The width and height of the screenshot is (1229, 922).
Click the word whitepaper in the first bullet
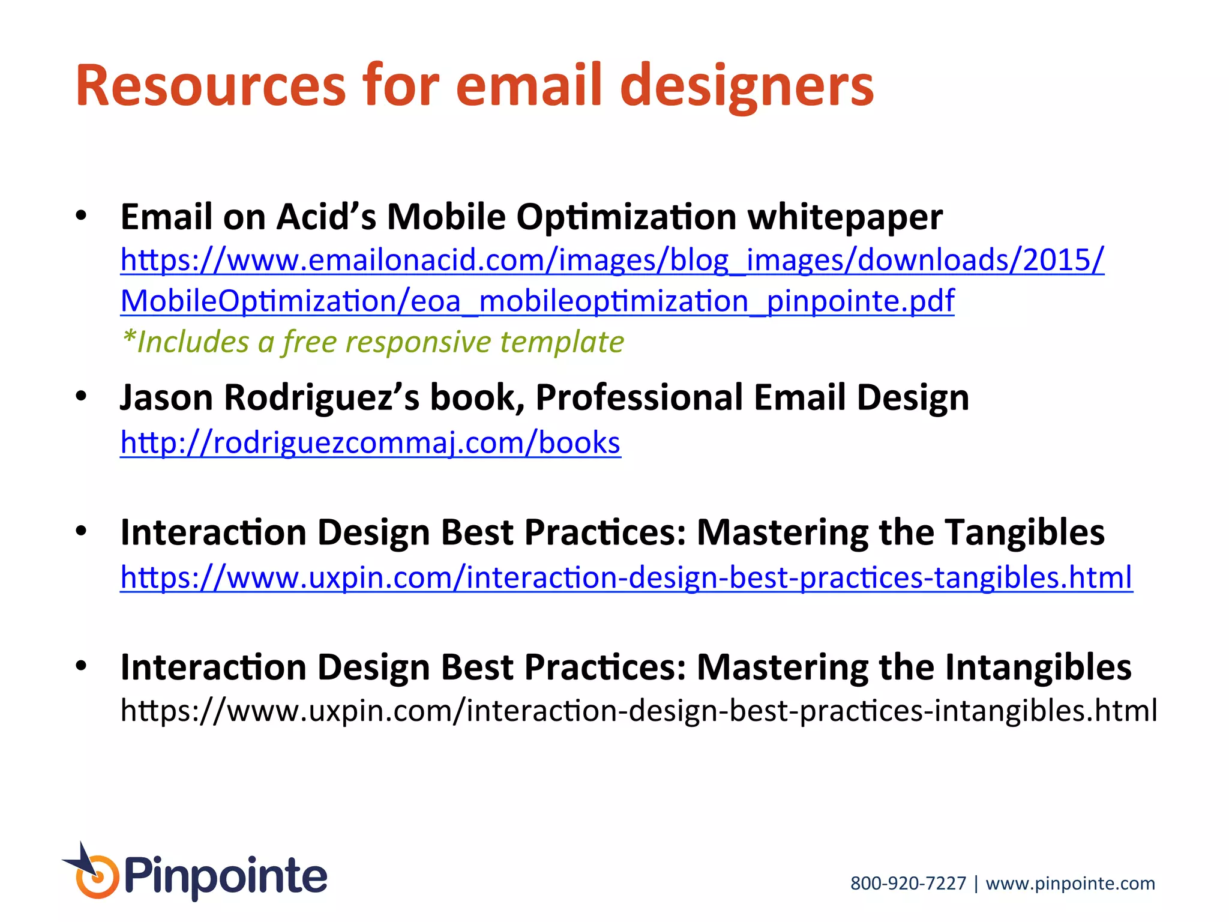(x=844, y=217)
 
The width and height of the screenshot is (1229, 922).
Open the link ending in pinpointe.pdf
(x=537, y=301)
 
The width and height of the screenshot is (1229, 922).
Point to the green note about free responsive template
(x=372, y=342)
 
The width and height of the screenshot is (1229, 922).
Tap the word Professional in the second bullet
(x=639, y=398)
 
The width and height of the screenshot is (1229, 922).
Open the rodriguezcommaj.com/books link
(x=370, y=443)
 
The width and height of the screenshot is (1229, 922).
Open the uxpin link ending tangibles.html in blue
(x=626, y=577)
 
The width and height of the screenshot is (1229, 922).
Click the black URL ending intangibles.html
(x=639, y=711)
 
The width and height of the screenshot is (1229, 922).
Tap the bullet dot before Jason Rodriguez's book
(x=82, y=396)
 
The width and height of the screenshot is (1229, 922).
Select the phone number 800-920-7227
(x=908, y=884)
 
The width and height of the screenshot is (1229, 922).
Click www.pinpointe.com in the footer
(x=1070, y=884)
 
